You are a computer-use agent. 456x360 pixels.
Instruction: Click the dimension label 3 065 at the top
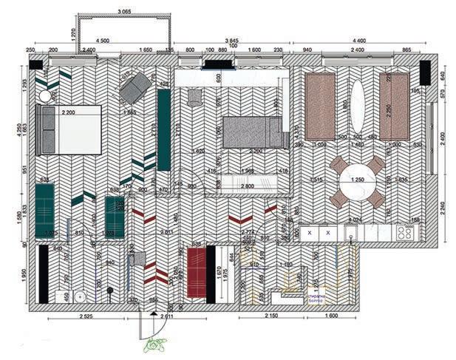pos(123,12)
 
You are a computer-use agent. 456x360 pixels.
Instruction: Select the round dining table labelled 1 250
pos(357,181)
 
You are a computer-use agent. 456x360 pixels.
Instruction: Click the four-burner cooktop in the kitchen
pos(405,232)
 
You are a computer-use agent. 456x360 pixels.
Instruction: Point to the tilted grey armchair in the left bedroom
pos(134,89)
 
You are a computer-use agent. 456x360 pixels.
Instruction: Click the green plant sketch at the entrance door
pos(156,344)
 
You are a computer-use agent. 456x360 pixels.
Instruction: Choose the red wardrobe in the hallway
pos(197,272)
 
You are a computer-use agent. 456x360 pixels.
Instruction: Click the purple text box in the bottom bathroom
pos(316,296)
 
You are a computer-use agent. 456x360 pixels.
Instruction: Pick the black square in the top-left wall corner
pos(35,65)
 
